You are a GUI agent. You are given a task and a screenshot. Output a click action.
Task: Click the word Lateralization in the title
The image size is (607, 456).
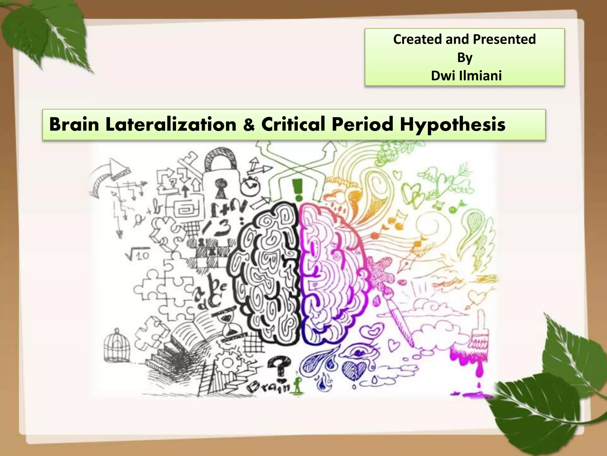coord(171,124)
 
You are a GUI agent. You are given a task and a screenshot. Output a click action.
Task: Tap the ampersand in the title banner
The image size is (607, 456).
coord(249,125)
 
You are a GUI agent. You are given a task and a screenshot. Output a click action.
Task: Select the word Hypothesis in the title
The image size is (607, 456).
coord(453,125)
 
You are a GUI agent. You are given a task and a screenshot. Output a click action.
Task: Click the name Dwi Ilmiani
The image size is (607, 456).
coord(466,76)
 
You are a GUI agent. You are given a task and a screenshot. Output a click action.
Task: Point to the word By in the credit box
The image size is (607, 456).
coord(464,57)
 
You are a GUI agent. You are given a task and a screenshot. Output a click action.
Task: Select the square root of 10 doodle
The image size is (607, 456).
coord(138,254)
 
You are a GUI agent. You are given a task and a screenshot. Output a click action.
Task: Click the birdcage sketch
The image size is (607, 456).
coord(117,346)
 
